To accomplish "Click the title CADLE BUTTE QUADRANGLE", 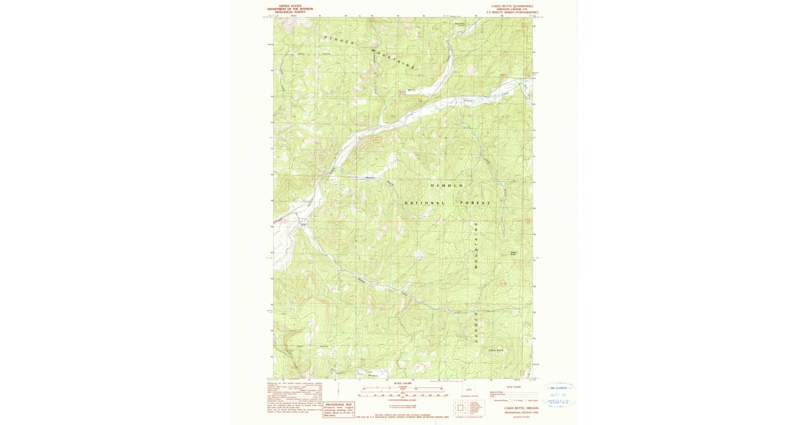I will click(x=514, y=5).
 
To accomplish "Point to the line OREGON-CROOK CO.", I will click(x=514, y=8).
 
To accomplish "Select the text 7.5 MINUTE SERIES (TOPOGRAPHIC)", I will click(x=514, y=11).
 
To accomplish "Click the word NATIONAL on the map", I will click(x=425, y=202).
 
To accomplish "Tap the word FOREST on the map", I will click(x=475, y=202).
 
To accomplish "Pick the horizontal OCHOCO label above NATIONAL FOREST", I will click(x=447, y=184).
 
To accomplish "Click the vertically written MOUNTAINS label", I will click(x=475, y=246).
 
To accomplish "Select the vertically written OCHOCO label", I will click(x=475, y=327).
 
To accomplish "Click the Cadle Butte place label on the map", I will click(x=496, y=349).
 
